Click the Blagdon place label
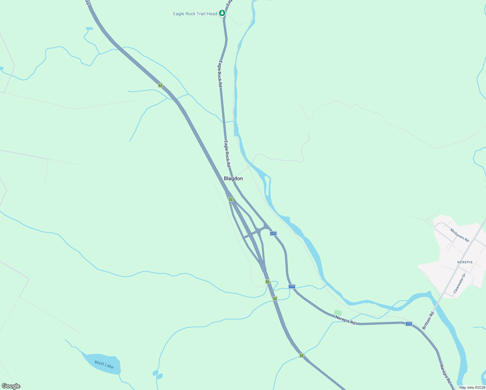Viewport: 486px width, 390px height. pyautogui.click(x=233, y=178)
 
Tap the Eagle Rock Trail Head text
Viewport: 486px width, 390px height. pyautogui.click(x=195, y=14)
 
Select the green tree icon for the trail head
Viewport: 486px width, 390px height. pyautogui.click(x=222, y=13)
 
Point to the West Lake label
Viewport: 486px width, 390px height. pyautogui.click(x=104, y=364)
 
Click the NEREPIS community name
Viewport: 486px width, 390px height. pyautogui.click(x=465, y=262)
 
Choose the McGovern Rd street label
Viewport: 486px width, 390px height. pyautogui.click(x=459, y=235)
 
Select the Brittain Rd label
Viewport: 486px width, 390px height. pyautogui.click(x=428, y=320)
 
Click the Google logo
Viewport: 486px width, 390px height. pyautogui.click(x=11, y=386)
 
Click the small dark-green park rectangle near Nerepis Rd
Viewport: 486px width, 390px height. pyautogui.click(x=338, y=313)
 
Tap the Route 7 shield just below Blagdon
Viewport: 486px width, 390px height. pyautogui.click(x=231, y=199)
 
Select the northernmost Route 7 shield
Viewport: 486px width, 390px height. pyautogui.click(x=160, y=85)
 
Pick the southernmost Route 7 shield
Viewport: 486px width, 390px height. pyautogui.click(x=301, y=355)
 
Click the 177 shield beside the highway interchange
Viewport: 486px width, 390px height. pyautogui.click(x=273, y=233)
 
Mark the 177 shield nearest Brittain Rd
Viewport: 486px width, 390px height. pyautogui.click(x=409, y=324)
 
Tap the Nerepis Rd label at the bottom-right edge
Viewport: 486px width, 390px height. pyautogui.click(x=445, y=374)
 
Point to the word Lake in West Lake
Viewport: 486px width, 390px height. pyautogui.click(x=109, y=366)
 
